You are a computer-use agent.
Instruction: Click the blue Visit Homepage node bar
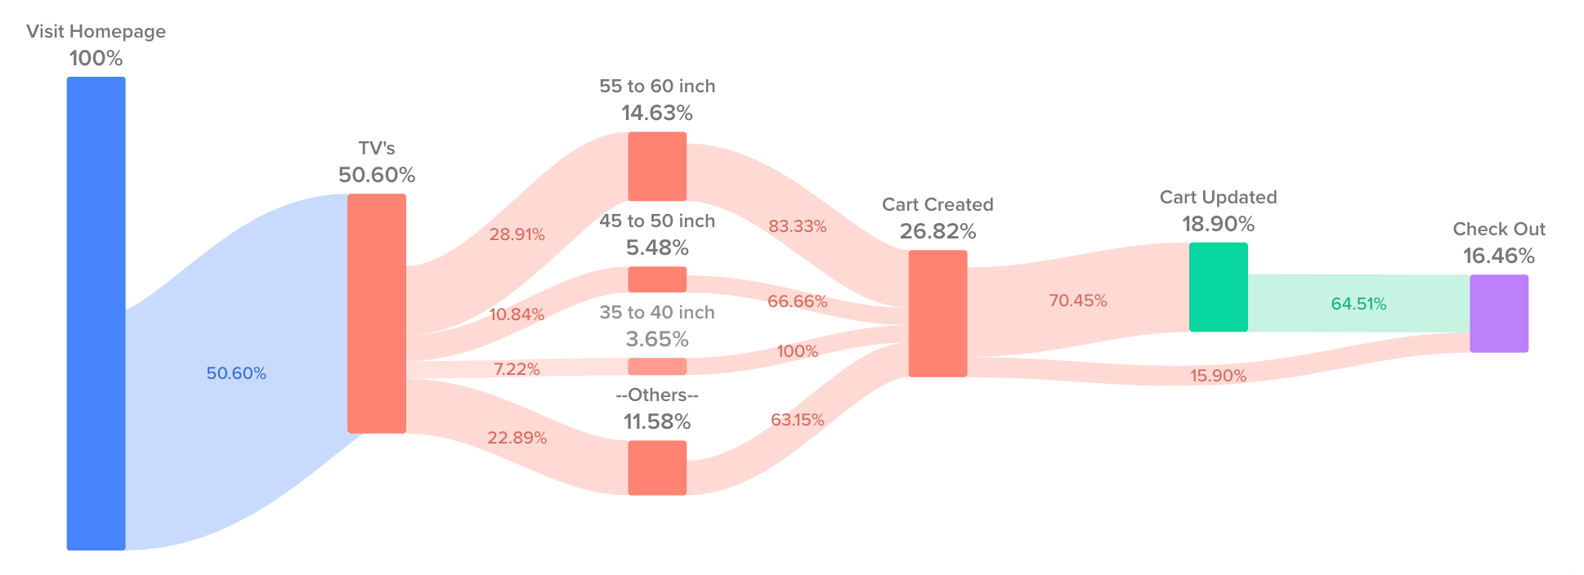96,313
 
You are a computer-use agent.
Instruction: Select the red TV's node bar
376,313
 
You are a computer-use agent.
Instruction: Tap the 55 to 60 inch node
657,166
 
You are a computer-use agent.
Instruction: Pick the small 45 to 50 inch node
657,279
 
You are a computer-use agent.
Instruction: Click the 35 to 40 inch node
657,366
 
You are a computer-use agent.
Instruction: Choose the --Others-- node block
657,467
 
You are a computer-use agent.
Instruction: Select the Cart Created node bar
937,313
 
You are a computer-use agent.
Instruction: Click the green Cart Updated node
1218,287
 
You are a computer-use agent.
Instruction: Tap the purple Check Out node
1498,313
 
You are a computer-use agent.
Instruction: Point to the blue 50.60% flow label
236,373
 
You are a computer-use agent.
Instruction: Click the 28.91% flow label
517,234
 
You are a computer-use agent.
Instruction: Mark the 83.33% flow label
797,226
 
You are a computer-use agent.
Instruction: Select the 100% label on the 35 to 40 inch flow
797,351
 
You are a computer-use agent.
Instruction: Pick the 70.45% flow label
1077,301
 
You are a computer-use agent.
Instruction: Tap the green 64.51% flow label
1358,304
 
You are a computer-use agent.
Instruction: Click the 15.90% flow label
1218,376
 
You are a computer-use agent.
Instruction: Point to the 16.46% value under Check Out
1498,256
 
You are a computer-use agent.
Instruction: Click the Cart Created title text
937,204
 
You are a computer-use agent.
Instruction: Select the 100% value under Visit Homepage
96,58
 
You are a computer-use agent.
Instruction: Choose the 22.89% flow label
517,438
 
